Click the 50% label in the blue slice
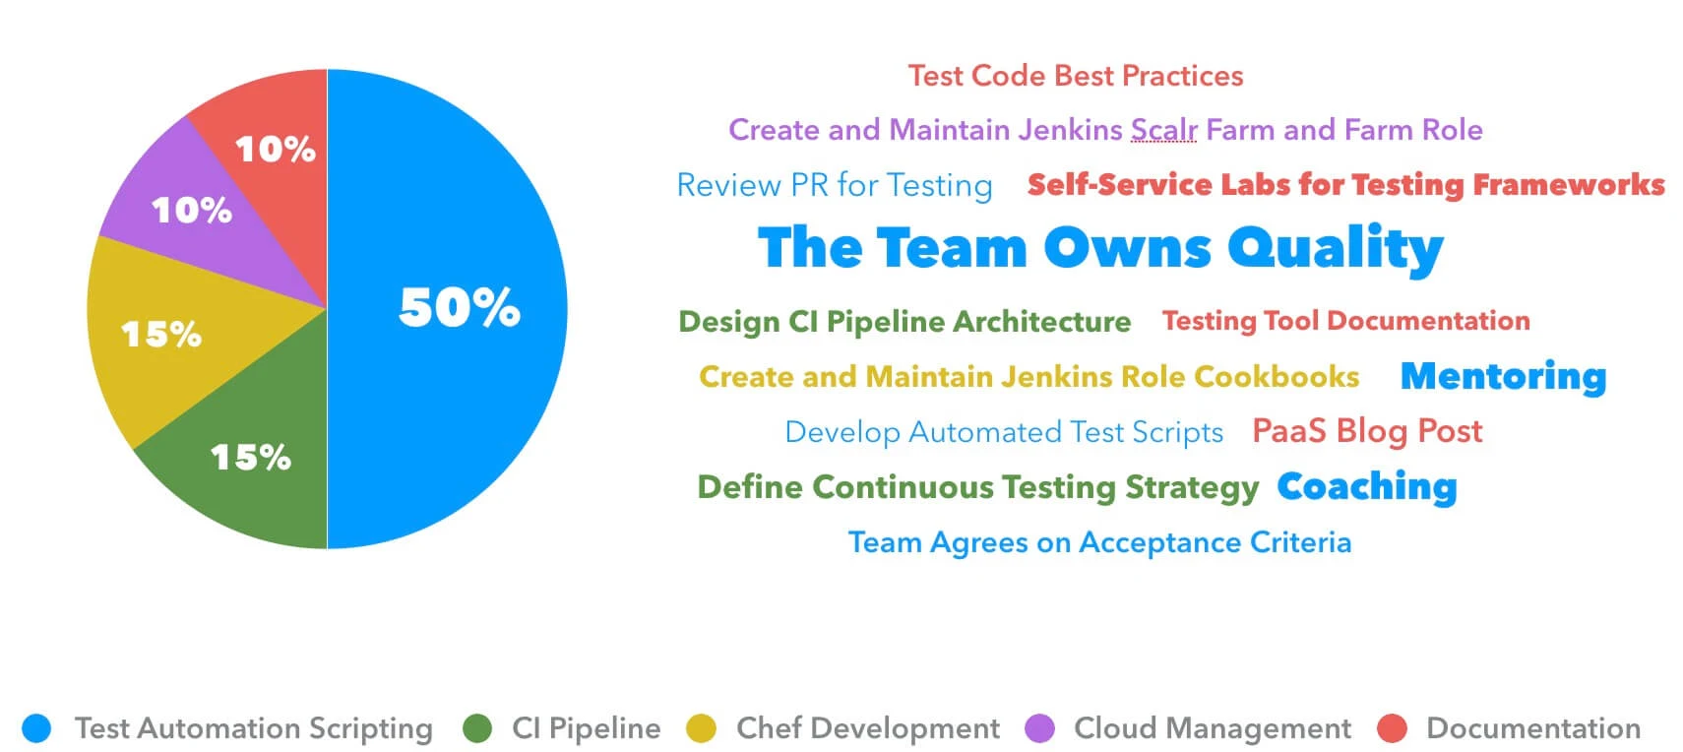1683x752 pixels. pos(459,307)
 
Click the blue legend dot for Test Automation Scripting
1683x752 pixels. pos(36,728)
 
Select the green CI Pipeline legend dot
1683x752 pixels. pos(477,728)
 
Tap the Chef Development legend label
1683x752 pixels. pos(867,728)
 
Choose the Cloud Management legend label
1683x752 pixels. pos(1212,728)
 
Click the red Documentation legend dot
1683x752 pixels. pos(1392,728)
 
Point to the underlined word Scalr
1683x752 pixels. pos(1163,130)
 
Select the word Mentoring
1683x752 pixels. pos(1503,376)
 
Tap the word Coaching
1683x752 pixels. pos(1366,486)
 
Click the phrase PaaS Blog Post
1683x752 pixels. pos(1367,431)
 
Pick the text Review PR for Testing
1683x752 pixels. pos(835,185)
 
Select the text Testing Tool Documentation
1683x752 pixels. pos(1345,321)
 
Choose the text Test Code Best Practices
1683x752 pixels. pos(1075,76)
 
